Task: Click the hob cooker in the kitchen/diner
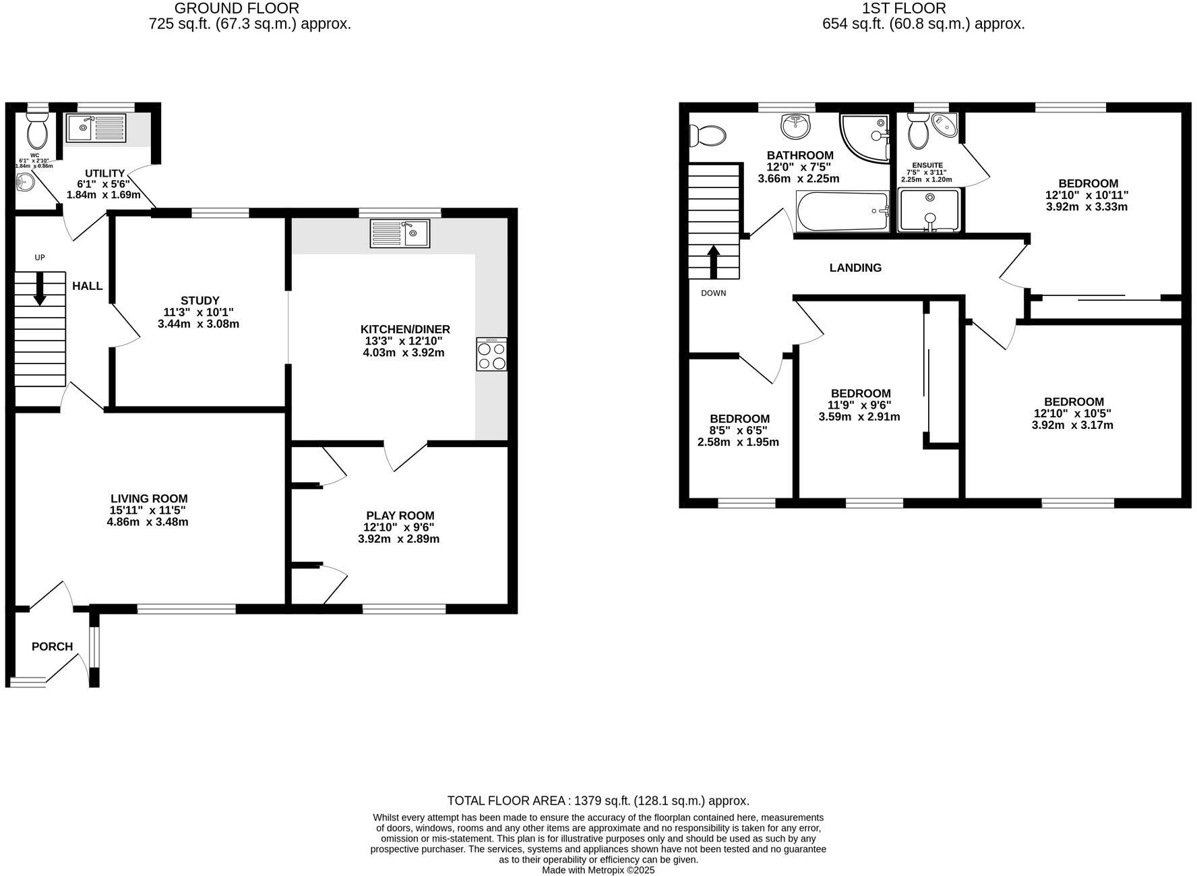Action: [491, 354]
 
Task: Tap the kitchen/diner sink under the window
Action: [400, 234]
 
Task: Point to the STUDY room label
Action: [199, 300]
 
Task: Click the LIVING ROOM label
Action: [149, 499]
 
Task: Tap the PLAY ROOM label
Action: [400, 516]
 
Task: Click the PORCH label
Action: [52, 647]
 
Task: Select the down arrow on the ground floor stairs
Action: [40, 289]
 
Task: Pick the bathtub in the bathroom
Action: [842, 212]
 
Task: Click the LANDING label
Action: [855, 268]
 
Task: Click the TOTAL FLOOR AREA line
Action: [598, 800]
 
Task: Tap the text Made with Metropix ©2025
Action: [598, 870]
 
